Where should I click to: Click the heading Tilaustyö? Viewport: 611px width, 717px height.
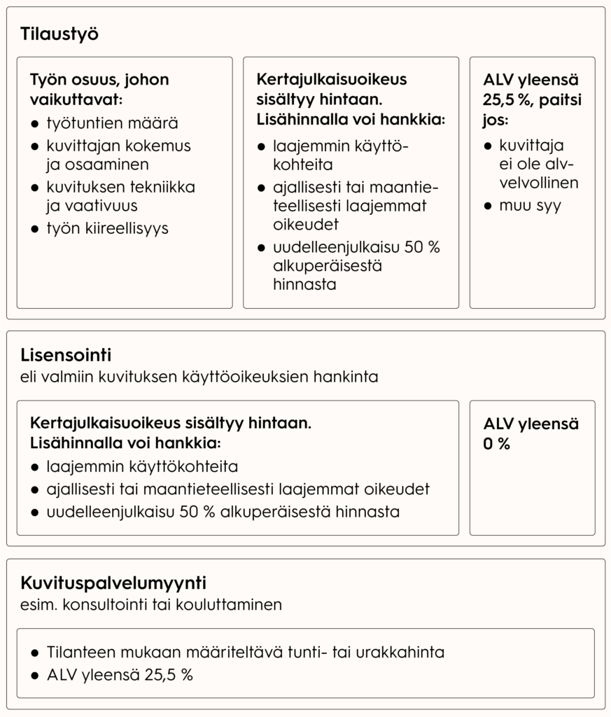point(59,34)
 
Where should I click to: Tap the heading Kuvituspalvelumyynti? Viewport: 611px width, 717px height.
point(113,583)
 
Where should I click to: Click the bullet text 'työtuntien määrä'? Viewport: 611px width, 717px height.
point(112,124)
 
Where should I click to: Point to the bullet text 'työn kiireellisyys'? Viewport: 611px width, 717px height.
point(107,228)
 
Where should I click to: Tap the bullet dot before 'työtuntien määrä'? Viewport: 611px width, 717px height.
point(35,125)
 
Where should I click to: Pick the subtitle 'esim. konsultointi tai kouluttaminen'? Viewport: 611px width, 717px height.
point(151,604)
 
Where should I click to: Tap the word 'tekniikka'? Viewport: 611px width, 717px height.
point(163,188)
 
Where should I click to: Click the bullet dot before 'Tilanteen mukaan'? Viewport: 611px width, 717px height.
point(35,653)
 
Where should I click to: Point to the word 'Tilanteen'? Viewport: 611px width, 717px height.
point(77,653)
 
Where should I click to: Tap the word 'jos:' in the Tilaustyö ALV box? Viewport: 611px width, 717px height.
point(496,120)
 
